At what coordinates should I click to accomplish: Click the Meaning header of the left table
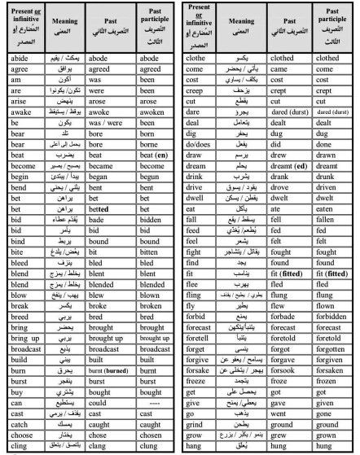pyautogui.click(x=59, y=32)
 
